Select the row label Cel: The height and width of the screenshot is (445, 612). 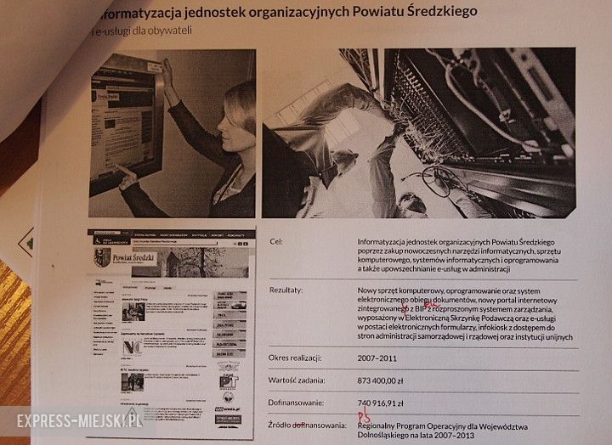[275, 242]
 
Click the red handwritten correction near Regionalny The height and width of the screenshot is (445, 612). [364, 416]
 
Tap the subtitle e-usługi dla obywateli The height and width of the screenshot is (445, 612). [145, 31]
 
